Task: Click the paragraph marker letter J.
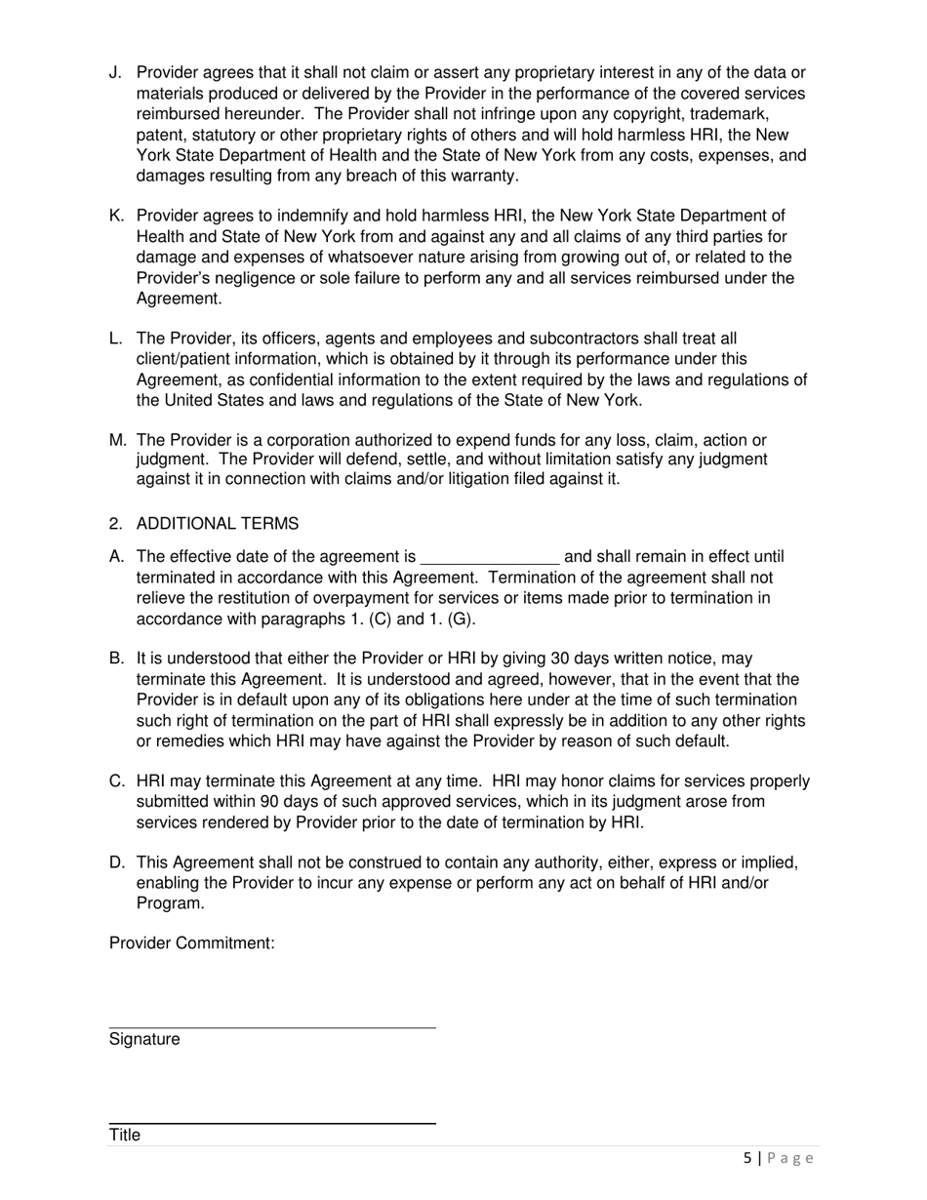tap(114, 73)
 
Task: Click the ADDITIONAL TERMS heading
tap(218, 524)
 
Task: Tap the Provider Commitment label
tap(192, 943)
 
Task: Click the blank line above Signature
tap(272, 1026)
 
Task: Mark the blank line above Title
tap(272, 1123)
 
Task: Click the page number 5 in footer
tap(747, 1159)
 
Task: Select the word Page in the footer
tap(790, 1159)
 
